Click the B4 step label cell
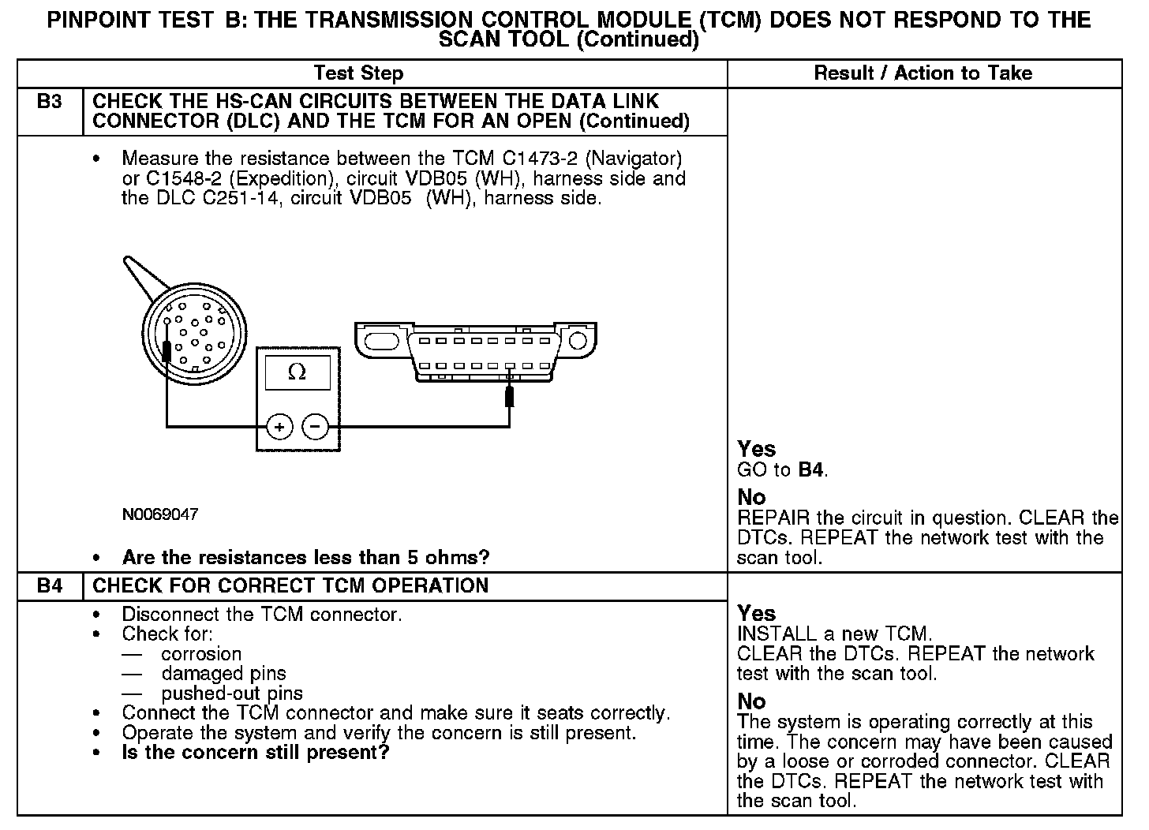(x=50, y=586)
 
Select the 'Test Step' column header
(x=358, y=73)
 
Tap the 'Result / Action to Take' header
(x=923, y=73)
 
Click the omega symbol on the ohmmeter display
(x=297, y=372)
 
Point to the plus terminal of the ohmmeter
(x=279, y=427)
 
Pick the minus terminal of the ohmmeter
(x=316, y=427)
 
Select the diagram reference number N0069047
(x=160, y=514)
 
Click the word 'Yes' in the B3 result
(x=757, y=449)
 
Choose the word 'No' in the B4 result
(x=751, y=701)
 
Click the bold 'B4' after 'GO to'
(x=812, y=470)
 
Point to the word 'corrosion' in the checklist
(x=201, y=654)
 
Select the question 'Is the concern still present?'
(x=256, y=753)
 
